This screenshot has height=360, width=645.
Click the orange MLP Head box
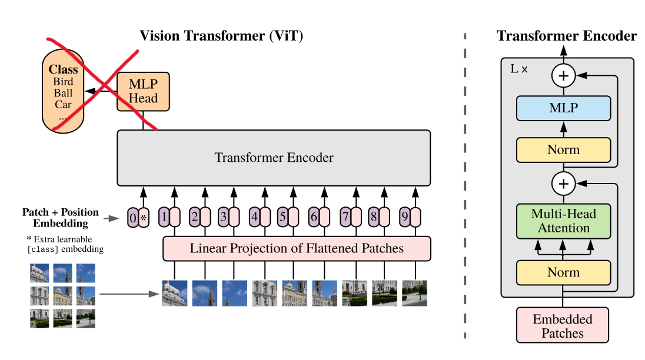tap(143, 92)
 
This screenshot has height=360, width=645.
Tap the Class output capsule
tap(63, 91)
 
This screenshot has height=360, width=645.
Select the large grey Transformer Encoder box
tap(274, 158)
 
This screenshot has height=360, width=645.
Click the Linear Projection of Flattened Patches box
tap(297, 249)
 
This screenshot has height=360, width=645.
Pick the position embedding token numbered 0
tap(132, 218)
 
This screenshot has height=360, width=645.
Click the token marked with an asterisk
tap(144, 218)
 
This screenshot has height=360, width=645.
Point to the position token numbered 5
tap(282, 217)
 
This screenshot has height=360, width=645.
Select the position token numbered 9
tap(405, 217)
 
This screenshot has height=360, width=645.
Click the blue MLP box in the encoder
tap(564, 108)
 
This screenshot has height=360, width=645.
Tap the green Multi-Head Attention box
tap(564, 221)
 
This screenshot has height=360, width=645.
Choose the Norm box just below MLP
tap(564, 150)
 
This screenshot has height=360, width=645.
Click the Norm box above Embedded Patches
tap(564, 272)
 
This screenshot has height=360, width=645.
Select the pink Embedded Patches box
tap(563, 325)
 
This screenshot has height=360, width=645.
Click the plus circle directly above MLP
tap(564, 76)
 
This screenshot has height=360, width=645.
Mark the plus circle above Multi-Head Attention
tap(564, 184)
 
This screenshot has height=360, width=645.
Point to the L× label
tap(518, 69)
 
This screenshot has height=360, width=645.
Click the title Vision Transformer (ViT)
tap(221, 36)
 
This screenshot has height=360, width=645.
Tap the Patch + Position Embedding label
tap(61, 218)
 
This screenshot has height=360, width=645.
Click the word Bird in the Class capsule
tap(63, 81)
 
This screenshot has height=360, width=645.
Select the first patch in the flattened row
tap(175, 294)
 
